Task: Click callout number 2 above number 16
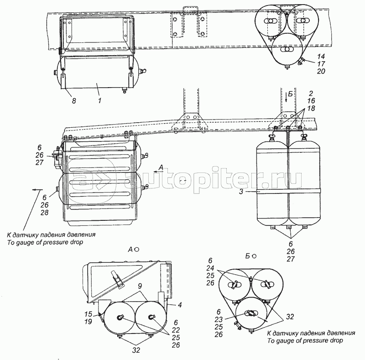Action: [x=311, y=93]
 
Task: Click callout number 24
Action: [x=222, y=269]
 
